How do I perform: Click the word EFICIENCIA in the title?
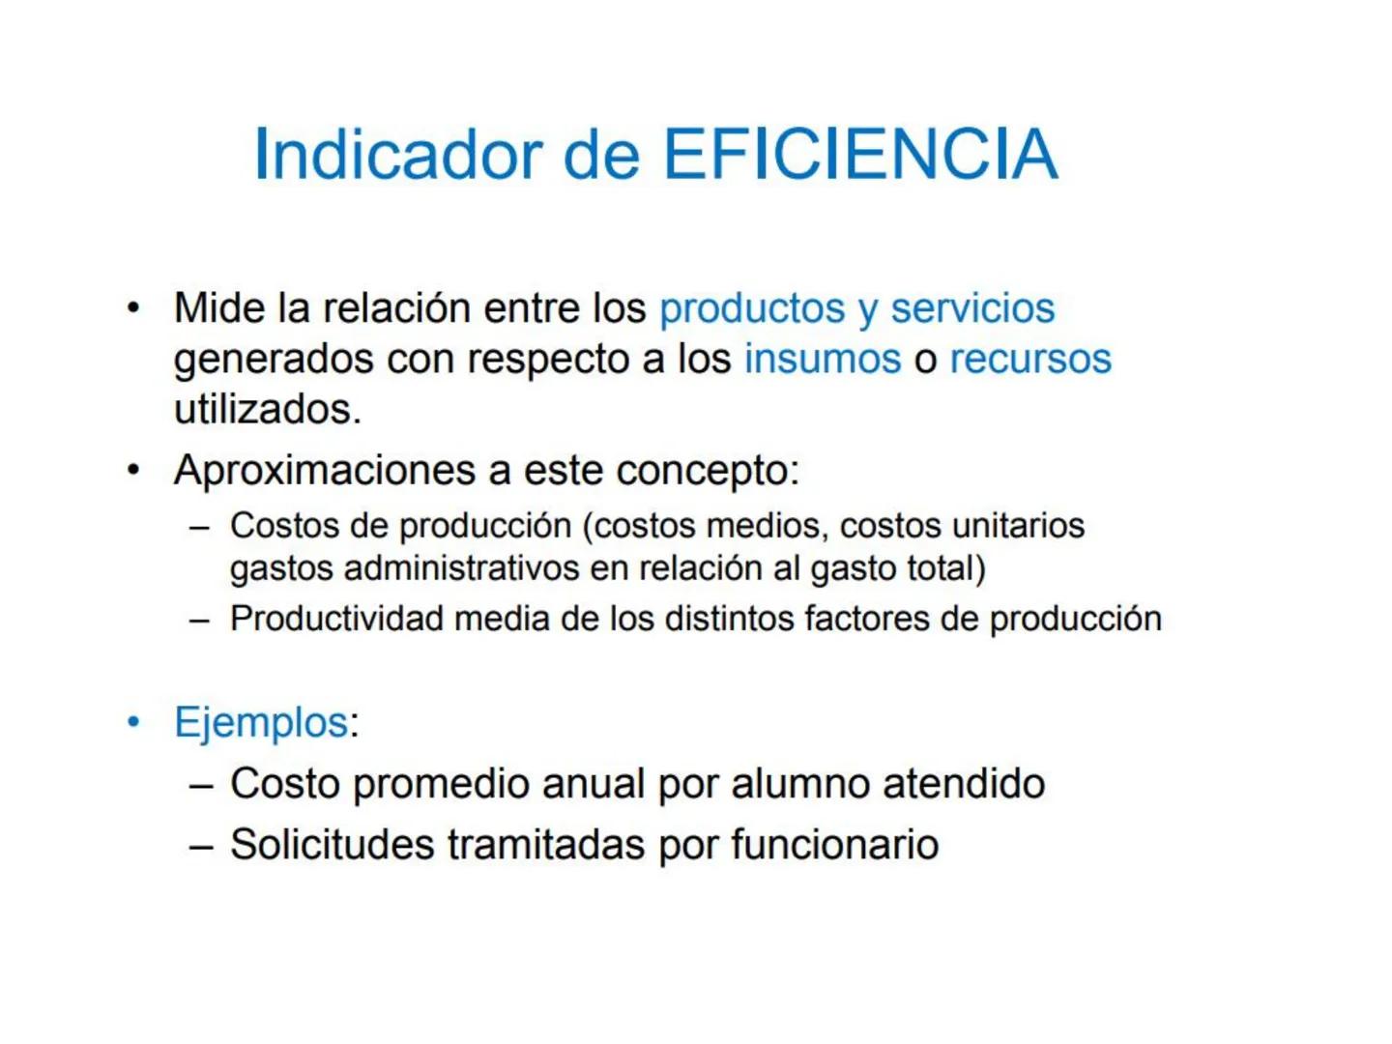[860, 155]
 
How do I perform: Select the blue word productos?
[752, 308]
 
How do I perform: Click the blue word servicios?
[972, 308]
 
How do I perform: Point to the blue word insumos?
[823, 360]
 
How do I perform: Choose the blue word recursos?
[1030, 360]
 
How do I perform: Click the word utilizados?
[267, 410]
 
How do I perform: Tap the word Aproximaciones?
[326, 471]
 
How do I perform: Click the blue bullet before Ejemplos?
[133, 722]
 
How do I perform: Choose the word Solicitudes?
[333, 845]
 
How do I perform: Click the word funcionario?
[834, 845]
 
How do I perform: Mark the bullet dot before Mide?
[133, 308]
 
